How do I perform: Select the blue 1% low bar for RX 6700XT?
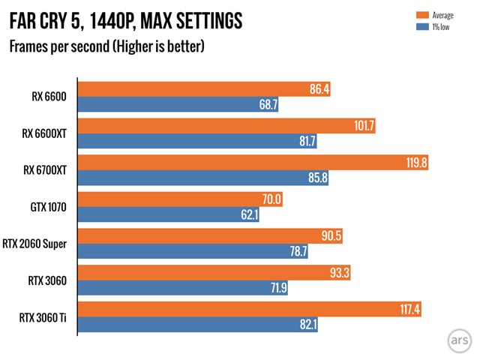203,178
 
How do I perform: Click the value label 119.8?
415,163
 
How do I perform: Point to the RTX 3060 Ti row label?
46,317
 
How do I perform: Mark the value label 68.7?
268,104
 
